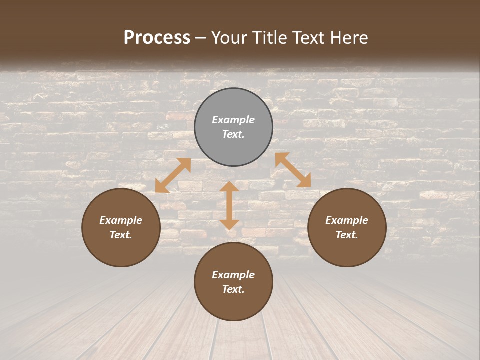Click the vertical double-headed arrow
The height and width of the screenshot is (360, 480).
pos(229,205)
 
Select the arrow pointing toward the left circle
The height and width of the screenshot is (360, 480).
pos(173,175)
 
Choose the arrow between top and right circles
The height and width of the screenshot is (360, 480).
pos(293,170)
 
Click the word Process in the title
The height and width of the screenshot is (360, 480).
pos(157,38)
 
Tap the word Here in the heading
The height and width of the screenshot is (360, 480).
pos(349,38)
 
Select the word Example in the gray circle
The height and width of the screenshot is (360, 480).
pos(233,120)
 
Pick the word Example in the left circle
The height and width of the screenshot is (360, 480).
pos(121,220)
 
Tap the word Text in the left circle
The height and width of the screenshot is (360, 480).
pos(120,235)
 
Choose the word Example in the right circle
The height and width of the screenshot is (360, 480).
pos(347,220)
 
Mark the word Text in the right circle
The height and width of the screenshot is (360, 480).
pos(346,235)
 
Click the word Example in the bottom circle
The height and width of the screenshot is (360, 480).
pos(233,275)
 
